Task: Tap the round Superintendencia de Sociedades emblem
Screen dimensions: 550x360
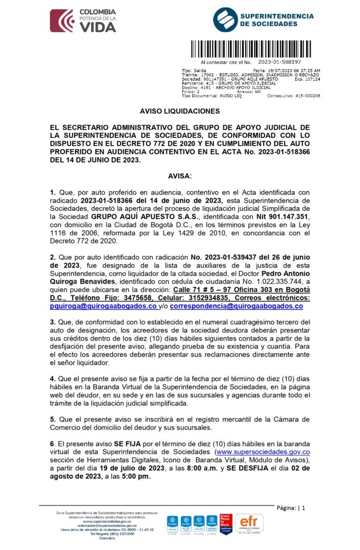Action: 225,20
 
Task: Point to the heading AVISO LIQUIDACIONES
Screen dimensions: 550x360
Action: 179,111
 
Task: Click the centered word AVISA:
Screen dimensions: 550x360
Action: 179,176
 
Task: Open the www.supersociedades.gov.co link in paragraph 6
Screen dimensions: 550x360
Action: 262,452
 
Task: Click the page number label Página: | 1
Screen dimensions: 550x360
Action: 291,508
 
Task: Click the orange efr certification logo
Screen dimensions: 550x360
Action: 250,522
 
